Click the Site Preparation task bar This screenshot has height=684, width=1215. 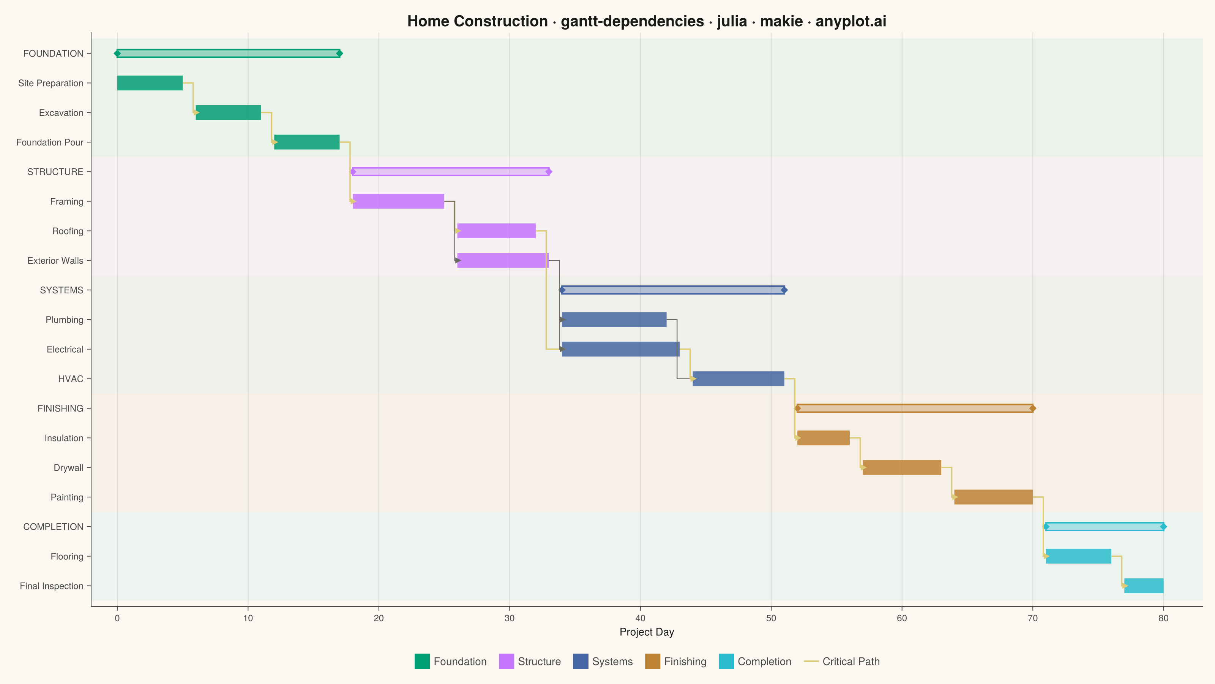[x=150, y=83]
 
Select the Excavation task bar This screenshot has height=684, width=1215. [x=228, y=112]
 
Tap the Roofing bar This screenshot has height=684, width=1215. [x=497, y=231]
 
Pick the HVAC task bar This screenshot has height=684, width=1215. [x=738, y=378]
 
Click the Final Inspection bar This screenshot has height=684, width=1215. [x=1144, y=586]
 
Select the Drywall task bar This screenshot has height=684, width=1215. [x=902, y=467]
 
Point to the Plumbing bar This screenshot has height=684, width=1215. [x=614, y=320]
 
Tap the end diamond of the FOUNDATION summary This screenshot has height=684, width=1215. [x=339, y=53]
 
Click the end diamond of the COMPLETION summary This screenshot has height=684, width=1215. [x=1164, y=526]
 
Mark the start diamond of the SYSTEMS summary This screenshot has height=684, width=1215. [x=562, y=290]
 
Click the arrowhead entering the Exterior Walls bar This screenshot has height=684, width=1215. [x=458, y=260]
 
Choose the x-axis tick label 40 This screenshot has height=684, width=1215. [x=641, y=618]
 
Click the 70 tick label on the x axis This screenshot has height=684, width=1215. [x=1033, y=618]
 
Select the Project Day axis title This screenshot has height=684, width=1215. [x=647, y=632]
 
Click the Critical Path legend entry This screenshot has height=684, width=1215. [x=842, y=661]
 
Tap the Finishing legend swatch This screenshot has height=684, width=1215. [x=653, y=661]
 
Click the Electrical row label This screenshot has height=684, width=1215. [x=65, y=349]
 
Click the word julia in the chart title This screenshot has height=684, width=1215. [x=732, y=21]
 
